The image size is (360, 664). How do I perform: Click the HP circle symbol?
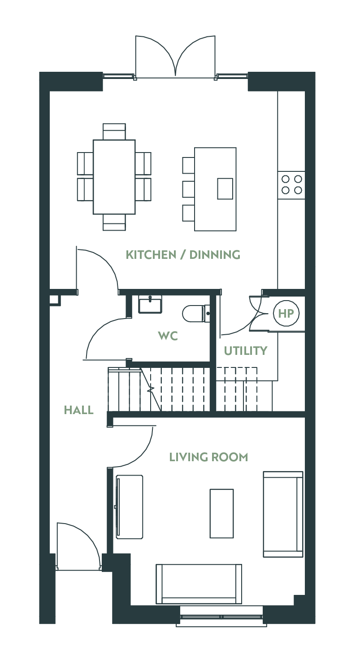[x=286, y=313]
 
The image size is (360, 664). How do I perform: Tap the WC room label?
[x=168, y=336]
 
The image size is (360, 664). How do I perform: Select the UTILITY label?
[x=246, y=351]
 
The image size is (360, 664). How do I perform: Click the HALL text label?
[x=79, y=410]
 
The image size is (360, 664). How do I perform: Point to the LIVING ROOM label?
[x=208, y=457]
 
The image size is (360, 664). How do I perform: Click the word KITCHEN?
[x=151, y=255]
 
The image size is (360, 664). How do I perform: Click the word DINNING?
[x=215, y=255]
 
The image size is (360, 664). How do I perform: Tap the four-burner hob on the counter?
[x=291, y=185]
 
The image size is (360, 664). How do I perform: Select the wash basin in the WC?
[x=150, y=304]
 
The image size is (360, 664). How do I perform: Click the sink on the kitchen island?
[x=225, y=189]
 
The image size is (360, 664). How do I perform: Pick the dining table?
[x=114, y=177]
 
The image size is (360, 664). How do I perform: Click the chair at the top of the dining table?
[x=114, y=131]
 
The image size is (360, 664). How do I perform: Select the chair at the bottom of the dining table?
[x=114, y=223]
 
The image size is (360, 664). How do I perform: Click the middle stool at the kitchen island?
[x=188, y=189]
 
